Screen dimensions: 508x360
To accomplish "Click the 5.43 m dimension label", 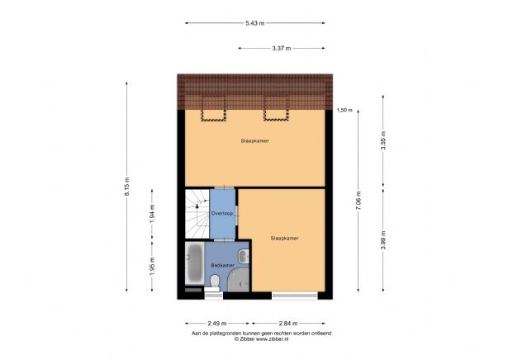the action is point(255,23).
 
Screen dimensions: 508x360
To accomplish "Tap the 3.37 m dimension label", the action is point(282,48).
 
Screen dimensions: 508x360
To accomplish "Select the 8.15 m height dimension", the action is point(127,186).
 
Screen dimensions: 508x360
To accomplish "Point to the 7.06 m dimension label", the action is point(358,201).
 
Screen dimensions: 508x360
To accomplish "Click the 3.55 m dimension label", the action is point(383,140).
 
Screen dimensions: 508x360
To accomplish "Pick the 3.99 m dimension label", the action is point(383,240).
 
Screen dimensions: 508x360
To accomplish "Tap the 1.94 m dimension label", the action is point(152,214).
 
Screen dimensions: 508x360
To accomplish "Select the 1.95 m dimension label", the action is point(152,266).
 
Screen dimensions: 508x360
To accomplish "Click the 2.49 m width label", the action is point(217,323).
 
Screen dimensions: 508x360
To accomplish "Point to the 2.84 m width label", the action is point(288,323).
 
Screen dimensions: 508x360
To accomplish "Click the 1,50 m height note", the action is point(344,110).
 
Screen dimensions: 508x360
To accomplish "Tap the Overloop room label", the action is point(222,213).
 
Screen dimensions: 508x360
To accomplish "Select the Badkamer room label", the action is point(222,265).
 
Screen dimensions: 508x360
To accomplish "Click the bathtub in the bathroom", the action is point(195,263).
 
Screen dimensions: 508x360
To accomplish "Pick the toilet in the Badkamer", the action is point(215,281).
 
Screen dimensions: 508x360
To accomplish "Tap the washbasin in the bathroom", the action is point(244,256).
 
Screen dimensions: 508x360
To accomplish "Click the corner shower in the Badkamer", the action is point(239,280).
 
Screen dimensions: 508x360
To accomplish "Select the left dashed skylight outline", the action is point(213,110).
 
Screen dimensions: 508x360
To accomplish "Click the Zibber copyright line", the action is point(262,339).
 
